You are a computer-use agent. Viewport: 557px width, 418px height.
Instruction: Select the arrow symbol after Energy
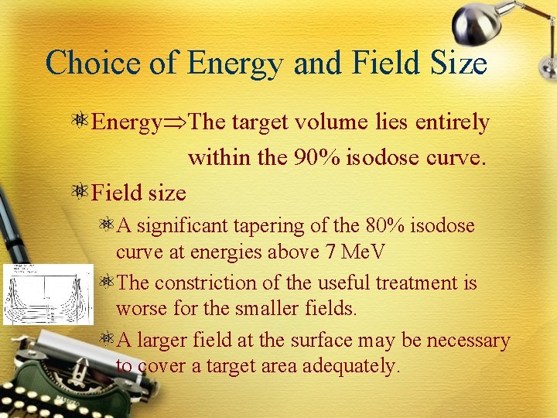175,123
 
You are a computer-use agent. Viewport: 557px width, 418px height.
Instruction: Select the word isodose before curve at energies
444,226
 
